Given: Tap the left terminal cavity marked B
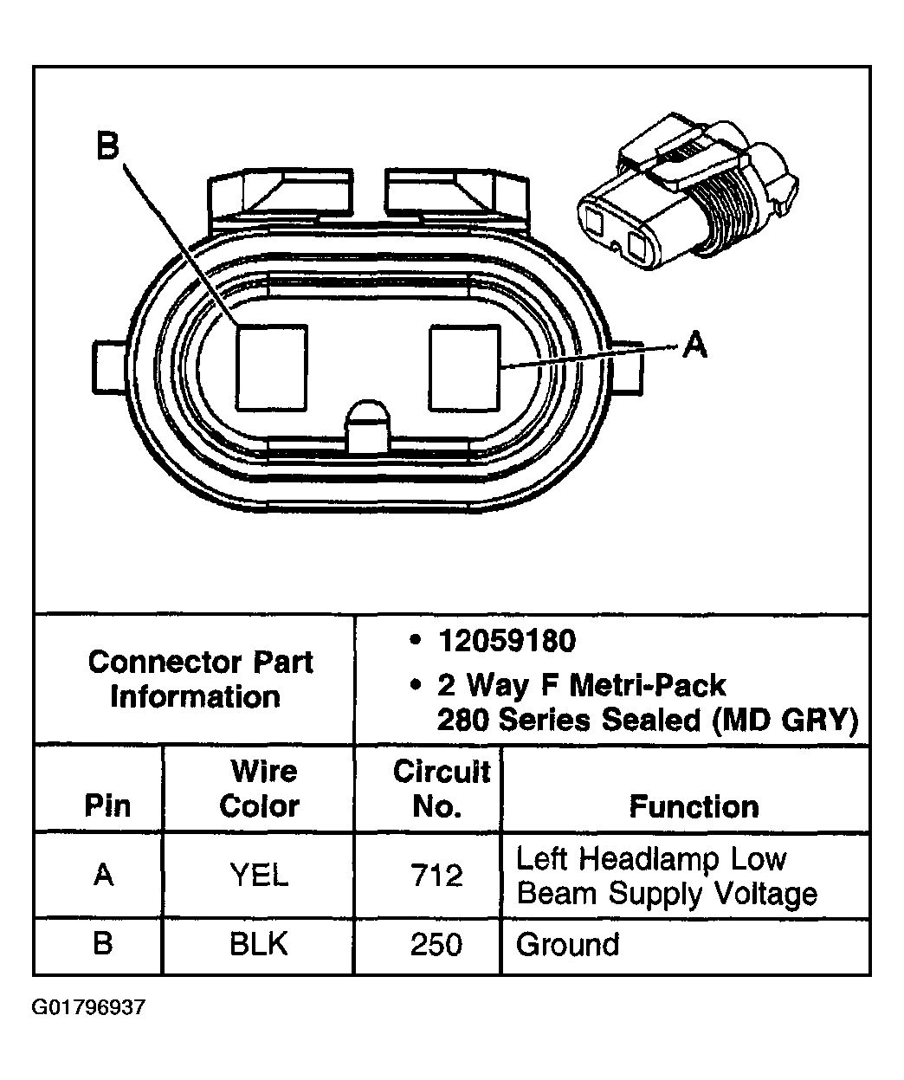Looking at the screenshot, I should [272, 367].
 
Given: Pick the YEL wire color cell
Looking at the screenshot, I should [259, 876].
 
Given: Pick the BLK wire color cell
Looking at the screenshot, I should [259, 943].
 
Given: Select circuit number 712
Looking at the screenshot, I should [436, 876].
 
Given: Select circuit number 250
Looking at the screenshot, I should [436, 943].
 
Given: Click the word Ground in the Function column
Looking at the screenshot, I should [567, 943].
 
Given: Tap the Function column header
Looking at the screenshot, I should [694, 806].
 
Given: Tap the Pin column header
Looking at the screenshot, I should [107, 806].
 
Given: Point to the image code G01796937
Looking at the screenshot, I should [89, 1008].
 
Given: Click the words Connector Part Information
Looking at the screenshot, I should [200, 679].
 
